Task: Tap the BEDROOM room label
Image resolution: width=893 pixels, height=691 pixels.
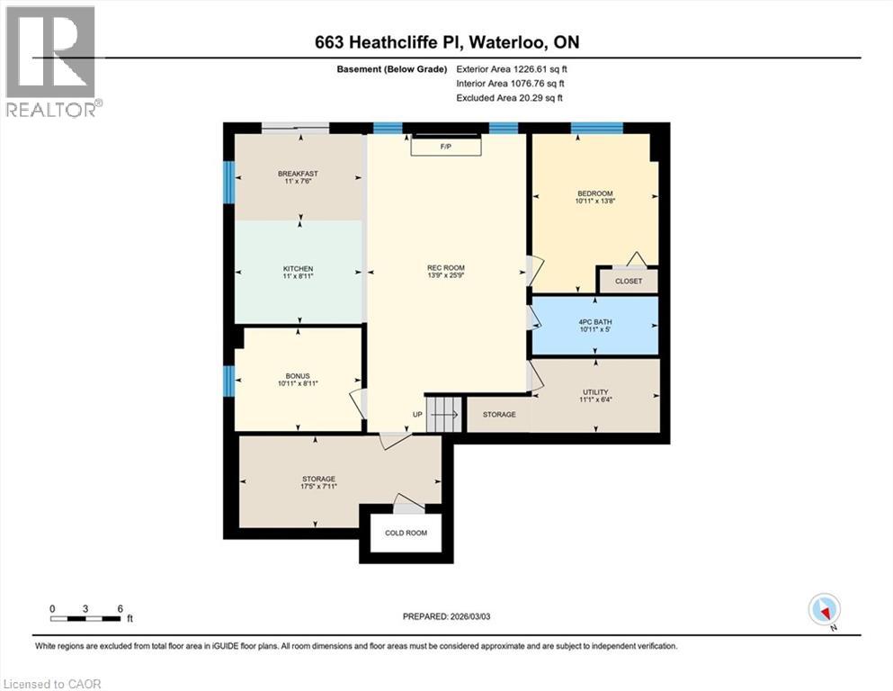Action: tap(594, 193)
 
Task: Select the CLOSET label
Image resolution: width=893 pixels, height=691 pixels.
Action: tap(629, 282)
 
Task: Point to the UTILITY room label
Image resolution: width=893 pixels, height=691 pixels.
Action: tap(594, 392)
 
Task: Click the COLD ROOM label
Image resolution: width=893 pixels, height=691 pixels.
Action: tap(406, 533)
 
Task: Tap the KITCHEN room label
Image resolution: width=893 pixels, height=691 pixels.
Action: tap(298, 269)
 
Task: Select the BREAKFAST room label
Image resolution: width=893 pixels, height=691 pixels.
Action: tap(298, 174)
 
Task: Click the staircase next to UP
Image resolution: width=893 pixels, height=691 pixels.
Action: tap(443, 415)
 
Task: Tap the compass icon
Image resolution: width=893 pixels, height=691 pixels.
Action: tap(825, 610)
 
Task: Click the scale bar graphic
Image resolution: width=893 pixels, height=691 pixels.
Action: tap(85, 618)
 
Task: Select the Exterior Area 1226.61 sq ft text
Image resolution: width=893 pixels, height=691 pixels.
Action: tap(512, 68)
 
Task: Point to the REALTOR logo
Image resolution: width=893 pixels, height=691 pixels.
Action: tap(52, 61)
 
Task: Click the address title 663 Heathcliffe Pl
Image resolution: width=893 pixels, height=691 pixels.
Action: tap(446, 41)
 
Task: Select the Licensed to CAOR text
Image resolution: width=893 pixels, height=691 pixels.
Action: tap(51, 684)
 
